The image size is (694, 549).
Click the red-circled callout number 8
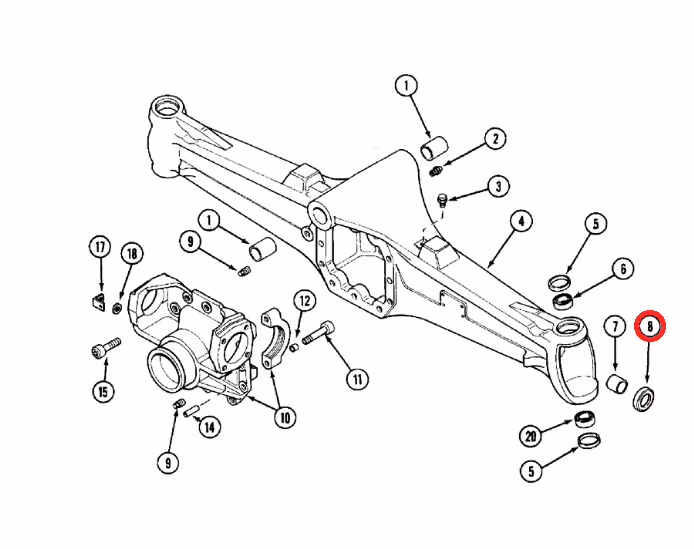650,326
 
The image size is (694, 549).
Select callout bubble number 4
521,221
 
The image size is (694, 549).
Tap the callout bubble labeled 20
531,437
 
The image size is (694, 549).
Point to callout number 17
100,247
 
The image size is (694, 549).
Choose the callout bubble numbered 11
358,379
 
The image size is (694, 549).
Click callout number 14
209,427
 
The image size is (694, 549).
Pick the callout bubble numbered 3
498,187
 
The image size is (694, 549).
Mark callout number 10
285,417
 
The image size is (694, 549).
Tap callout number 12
305,302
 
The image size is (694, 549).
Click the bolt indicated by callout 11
319,333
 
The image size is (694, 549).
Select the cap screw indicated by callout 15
106,348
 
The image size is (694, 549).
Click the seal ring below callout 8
644,398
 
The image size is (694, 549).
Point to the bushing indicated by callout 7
617,383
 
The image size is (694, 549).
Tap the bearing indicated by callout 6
563,301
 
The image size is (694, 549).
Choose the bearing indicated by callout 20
585,418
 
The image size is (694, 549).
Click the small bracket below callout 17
99,302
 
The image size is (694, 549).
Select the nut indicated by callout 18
117,307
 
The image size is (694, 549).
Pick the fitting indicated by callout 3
442,200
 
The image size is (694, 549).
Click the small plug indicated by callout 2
436,170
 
